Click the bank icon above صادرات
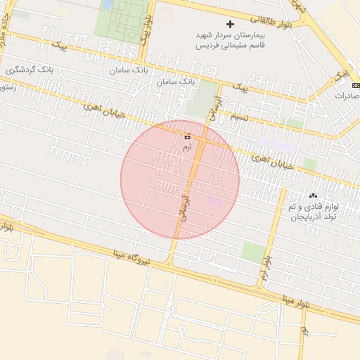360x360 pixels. tap(355, 84)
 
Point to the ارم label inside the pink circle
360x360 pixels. tap(186, 148)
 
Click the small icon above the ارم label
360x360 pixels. tap(187, 136)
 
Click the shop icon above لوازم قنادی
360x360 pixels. tap(313, 195)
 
